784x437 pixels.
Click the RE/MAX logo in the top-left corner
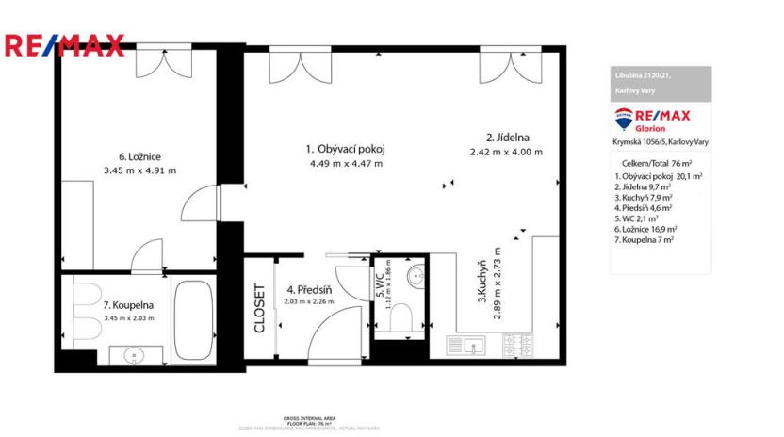pos(64,44)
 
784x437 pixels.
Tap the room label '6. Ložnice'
pos(139,156)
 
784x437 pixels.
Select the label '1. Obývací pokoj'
pos(346,149)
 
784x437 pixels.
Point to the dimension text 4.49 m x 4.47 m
pos(346,163)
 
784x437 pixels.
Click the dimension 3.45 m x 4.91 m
pos(139,170)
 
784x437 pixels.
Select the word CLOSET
pos(259,309)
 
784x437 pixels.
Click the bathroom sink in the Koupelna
pos(133,355)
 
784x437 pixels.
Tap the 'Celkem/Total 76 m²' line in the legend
pos(659,163)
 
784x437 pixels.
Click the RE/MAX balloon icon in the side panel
pos(624,119)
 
